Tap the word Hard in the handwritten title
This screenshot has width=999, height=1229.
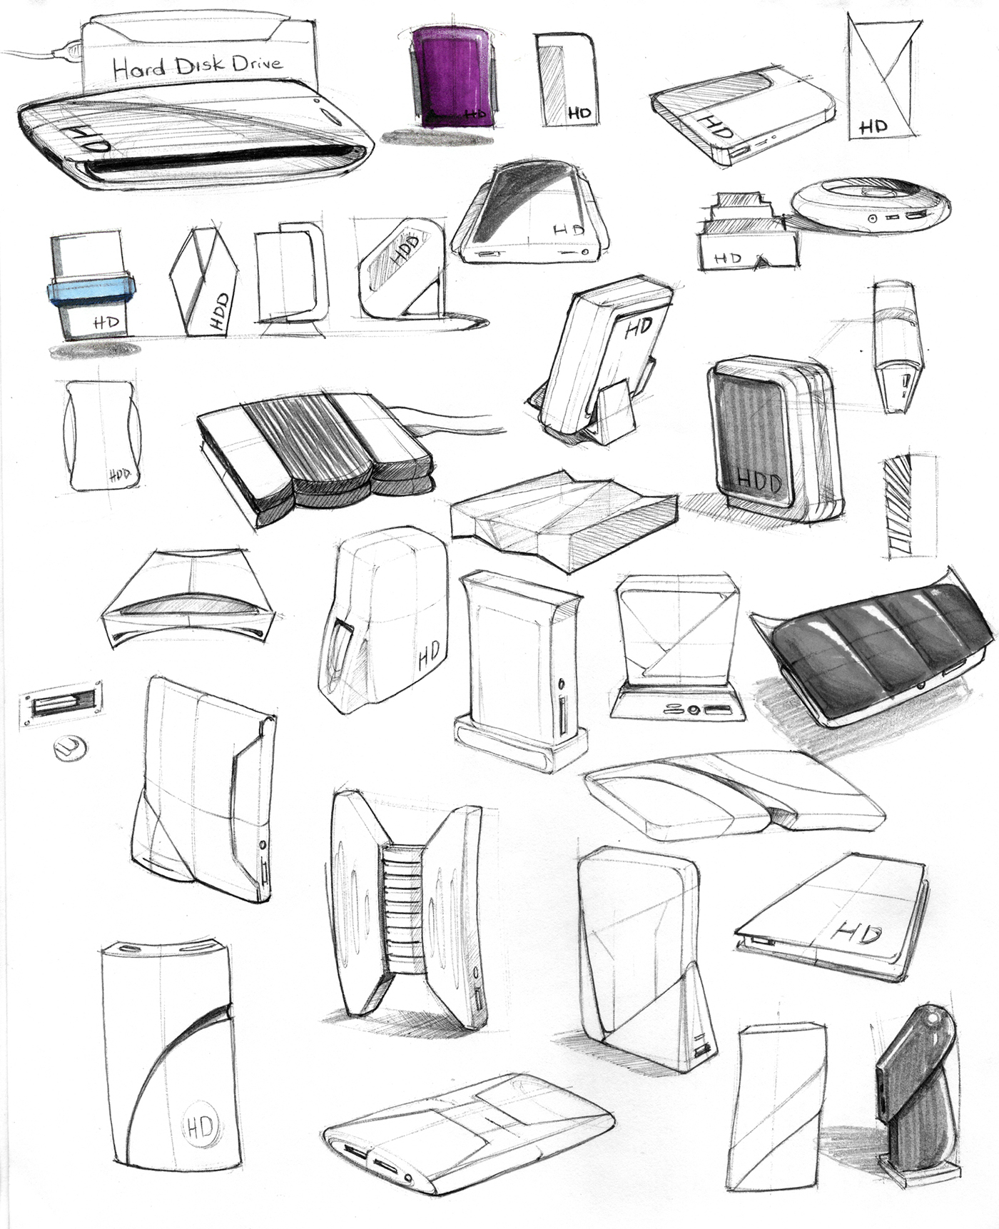pos(138,69)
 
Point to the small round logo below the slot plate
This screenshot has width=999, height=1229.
pos(71,748)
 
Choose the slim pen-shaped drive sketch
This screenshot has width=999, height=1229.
pos(896,347)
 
